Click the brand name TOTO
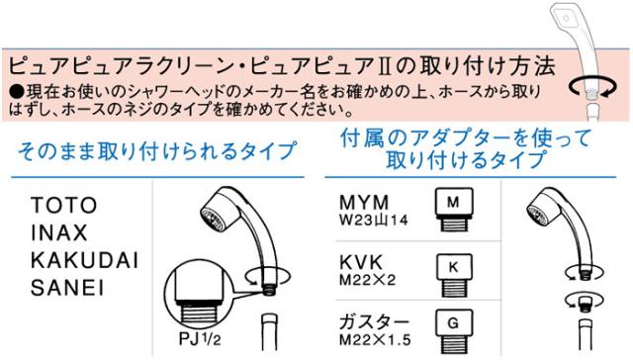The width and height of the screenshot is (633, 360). coord(64,207)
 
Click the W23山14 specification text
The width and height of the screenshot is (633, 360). coord(374,218)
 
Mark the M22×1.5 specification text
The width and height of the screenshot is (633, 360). coord(376,339)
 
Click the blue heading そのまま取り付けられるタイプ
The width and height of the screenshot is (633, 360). coord(156,152)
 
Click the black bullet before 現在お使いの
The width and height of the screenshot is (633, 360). coord(14,91)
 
